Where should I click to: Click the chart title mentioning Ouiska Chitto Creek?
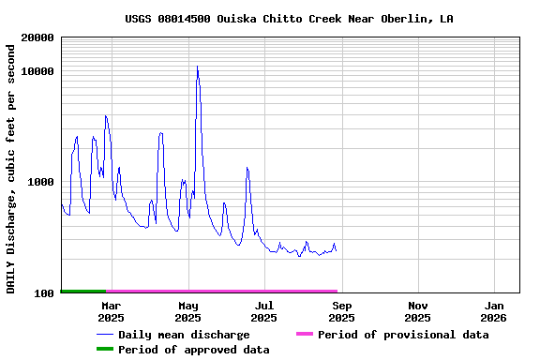click(x=289, y=19)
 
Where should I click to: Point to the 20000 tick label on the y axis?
click(x=37, y=38)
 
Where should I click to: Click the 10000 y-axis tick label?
click(x=37, y=71)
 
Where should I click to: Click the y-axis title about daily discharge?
click(x=11, y=167)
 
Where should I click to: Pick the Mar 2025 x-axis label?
click(x=111, y=311)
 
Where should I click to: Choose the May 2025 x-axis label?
click(x=187, y=311)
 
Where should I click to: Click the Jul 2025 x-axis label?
click(x=264, y=311)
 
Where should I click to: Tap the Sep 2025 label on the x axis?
click(x=341, y=311)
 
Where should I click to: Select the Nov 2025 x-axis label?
click(x=418, y=311)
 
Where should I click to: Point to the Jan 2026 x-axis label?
click(x=495, y=311)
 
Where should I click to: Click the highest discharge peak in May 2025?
click(x=197, y=67)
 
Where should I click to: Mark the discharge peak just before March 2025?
click(x=106, y=116)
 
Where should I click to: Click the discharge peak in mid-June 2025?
click(x=247, y=168)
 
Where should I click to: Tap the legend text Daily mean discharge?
click(x=184, y=335)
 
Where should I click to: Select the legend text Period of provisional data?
click(x=403, y=335)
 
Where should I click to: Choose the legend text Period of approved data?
click(x=193, y=350)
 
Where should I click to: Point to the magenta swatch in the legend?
click(x=304, y=335)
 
